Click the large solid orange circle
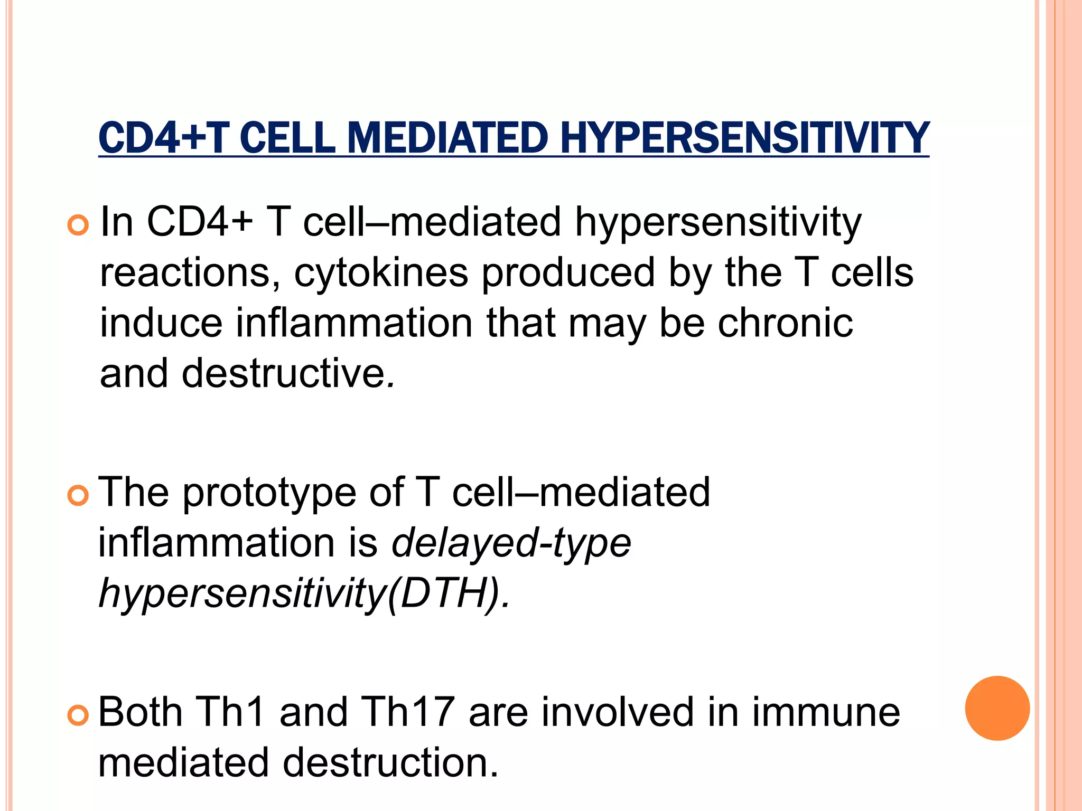pyautogui.click(x=997, y=708)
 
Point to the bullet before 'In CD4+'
pyautogui.click(x=78, y=225)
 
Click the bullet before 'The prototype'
pyautogui.click(x=78, y=496)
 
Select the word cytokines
pyautogui.click(x=381, y=274)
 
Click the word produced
pyautogui.click(x=568, y=274)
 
